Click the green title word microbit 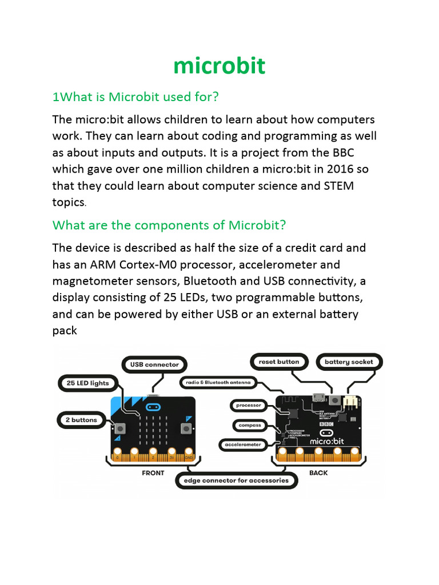tap(219, 66)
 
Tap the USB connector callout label tap(154, 364)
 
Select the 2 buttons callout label tap(81, 420)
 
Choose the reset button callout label tap(279, 362)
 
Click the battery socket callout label tap(349, 362)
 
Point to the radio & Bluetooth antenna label tap(219, 382)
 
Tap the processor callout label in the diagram tap(249, 406)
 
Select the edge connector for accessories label tap(236, 480)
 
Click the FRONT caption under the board tap(153, 472)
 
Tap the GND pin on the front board tap(188, 457)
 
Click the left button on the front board tap(121, 428)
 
